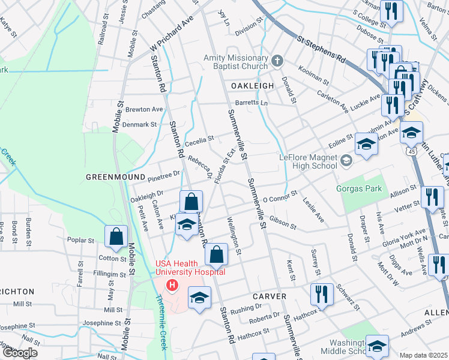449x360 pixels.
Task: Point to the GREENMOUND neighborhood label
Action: (116, 177)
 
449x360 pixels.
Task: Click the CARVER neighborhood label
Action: (269, 296)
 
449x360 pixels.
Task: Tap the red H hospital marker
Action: (173, 284)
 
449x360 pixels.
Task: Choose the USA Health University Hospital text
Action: (190, 268)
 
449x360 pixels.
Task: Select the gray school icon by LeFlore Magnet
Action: (346, 160)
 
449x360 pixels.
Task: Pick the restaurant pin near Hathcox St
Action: (322, 294)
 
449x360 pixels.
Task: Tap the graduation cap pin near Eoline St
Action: (366, 144)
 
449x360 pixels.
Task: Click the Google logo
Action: (20, 353)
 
